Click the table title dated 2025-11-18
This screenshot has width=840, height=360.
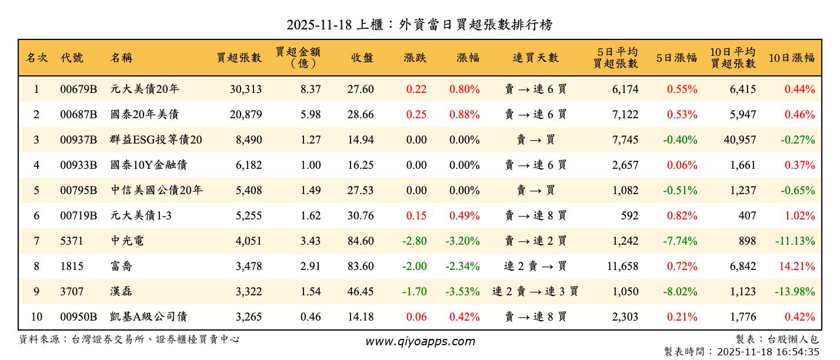pyautogui.click(x=419, y=25)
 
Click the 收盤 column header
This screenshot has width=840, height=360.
pyautogui.click(x=362, y=58)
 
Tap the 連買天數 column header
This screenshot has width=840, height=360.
pyautogui.click(x=535, y=58)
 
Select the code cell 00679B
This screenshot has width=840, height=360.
pyautogui.click(x=78, y=89)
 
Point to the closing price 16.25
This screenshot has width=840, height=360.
pyautogui.click(x=361, y=165)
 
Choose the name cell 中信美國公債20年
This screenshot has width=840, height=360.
pyautogui.click(x=156, y=191)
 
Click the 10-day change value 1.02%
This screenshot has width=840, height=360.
pyautogui.click(x=799, y=216)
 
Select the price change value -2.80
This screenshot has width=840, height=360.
pyautogui.click(x=414, y=241)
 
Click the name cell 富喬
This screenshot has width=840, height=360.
pyautogui.click(x=121, y=266)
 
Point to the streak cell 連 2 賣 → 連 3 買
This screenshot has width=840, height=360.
pyautogui.click(x=535, y=292)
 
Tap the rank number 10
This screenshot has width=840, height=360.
pyautogui.click(x=36, y=317)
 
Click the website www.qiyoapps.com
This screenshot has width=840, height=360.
pyautogui.click(x=420, y=341)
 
